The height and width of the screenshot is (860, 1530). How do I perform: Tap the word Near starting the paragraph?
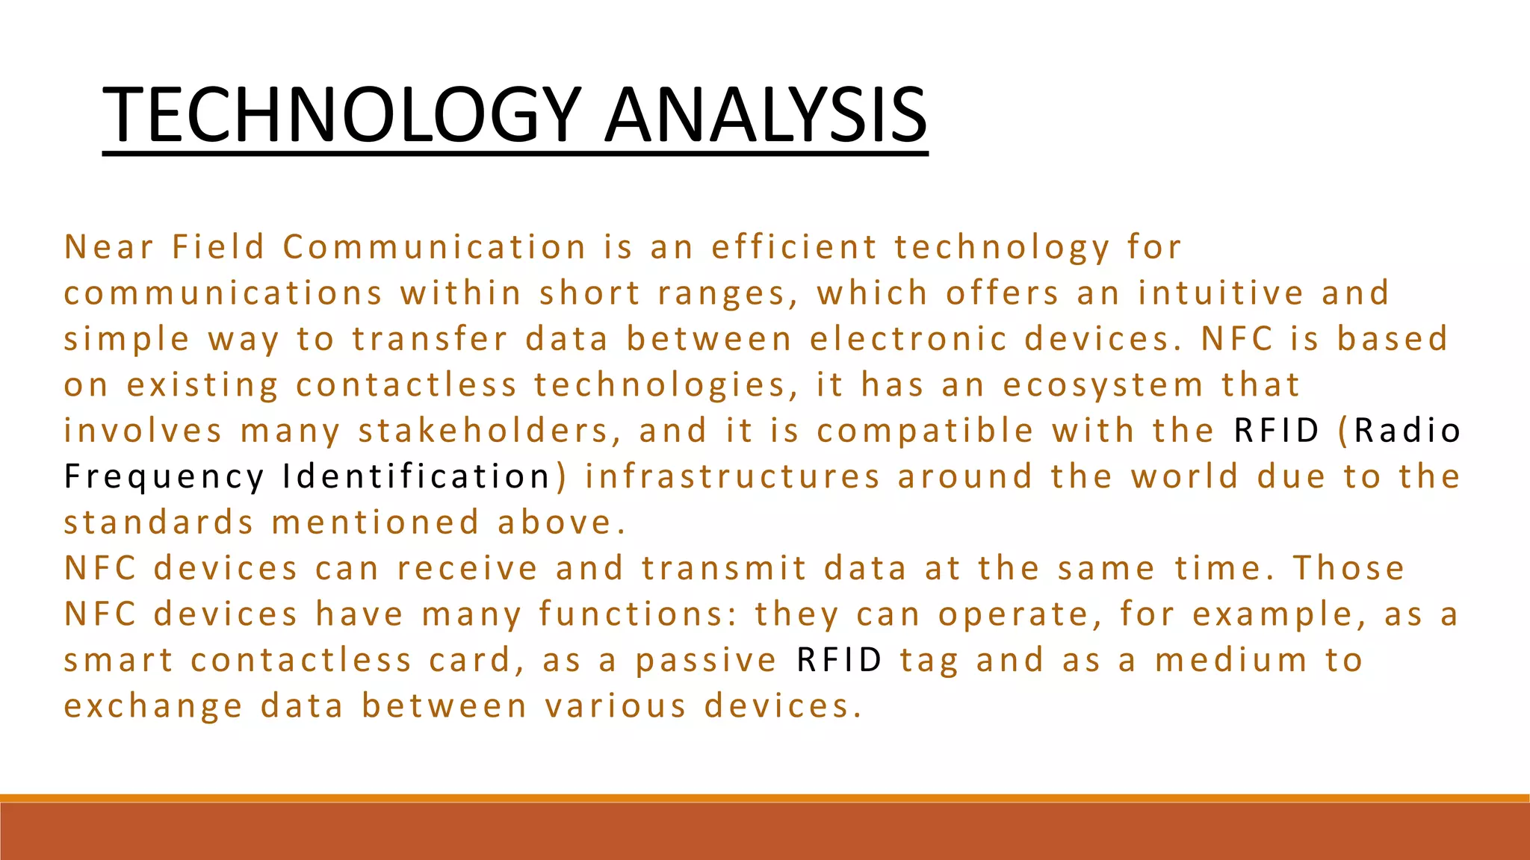pyautogui.click(x=109, y=247)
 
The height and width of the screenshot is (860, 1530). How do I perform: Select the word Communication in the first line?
pyautogui.click(x=435, y=247)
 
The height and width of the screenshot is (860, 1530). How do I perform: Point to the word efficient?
pyautogui.click(x=794, y=247)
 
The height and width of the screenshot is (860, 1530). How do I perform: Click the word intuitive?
pyautogui.click(x=1221, y=293)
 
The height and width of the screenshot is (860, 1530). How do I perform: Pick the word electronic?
pyautogui.click(x=908, y=339)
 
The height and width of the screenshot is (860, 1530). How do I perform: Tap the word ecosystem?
pyautogui.click(x=1103, y=385)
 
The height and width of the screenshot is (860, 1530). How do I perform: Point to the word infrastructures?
pyautogui.click(x=732, y=476)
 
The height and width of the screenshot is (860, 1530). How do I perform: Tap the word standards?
pyautogui.click(x=159, y=523)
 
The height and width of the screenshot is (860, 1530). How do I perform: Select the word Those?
pyautogui.click(x=1348, y=568)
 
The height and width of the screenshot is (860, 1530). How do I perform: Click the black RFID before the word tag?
pyautogui.click(x=840, y=661)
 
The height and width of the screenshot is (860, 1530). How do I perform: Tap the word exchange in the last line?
pyautogui.click(x=153, y=707)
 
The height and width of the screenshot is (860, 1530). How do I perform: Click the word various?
pyautogui.click(x=615, y=706)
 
